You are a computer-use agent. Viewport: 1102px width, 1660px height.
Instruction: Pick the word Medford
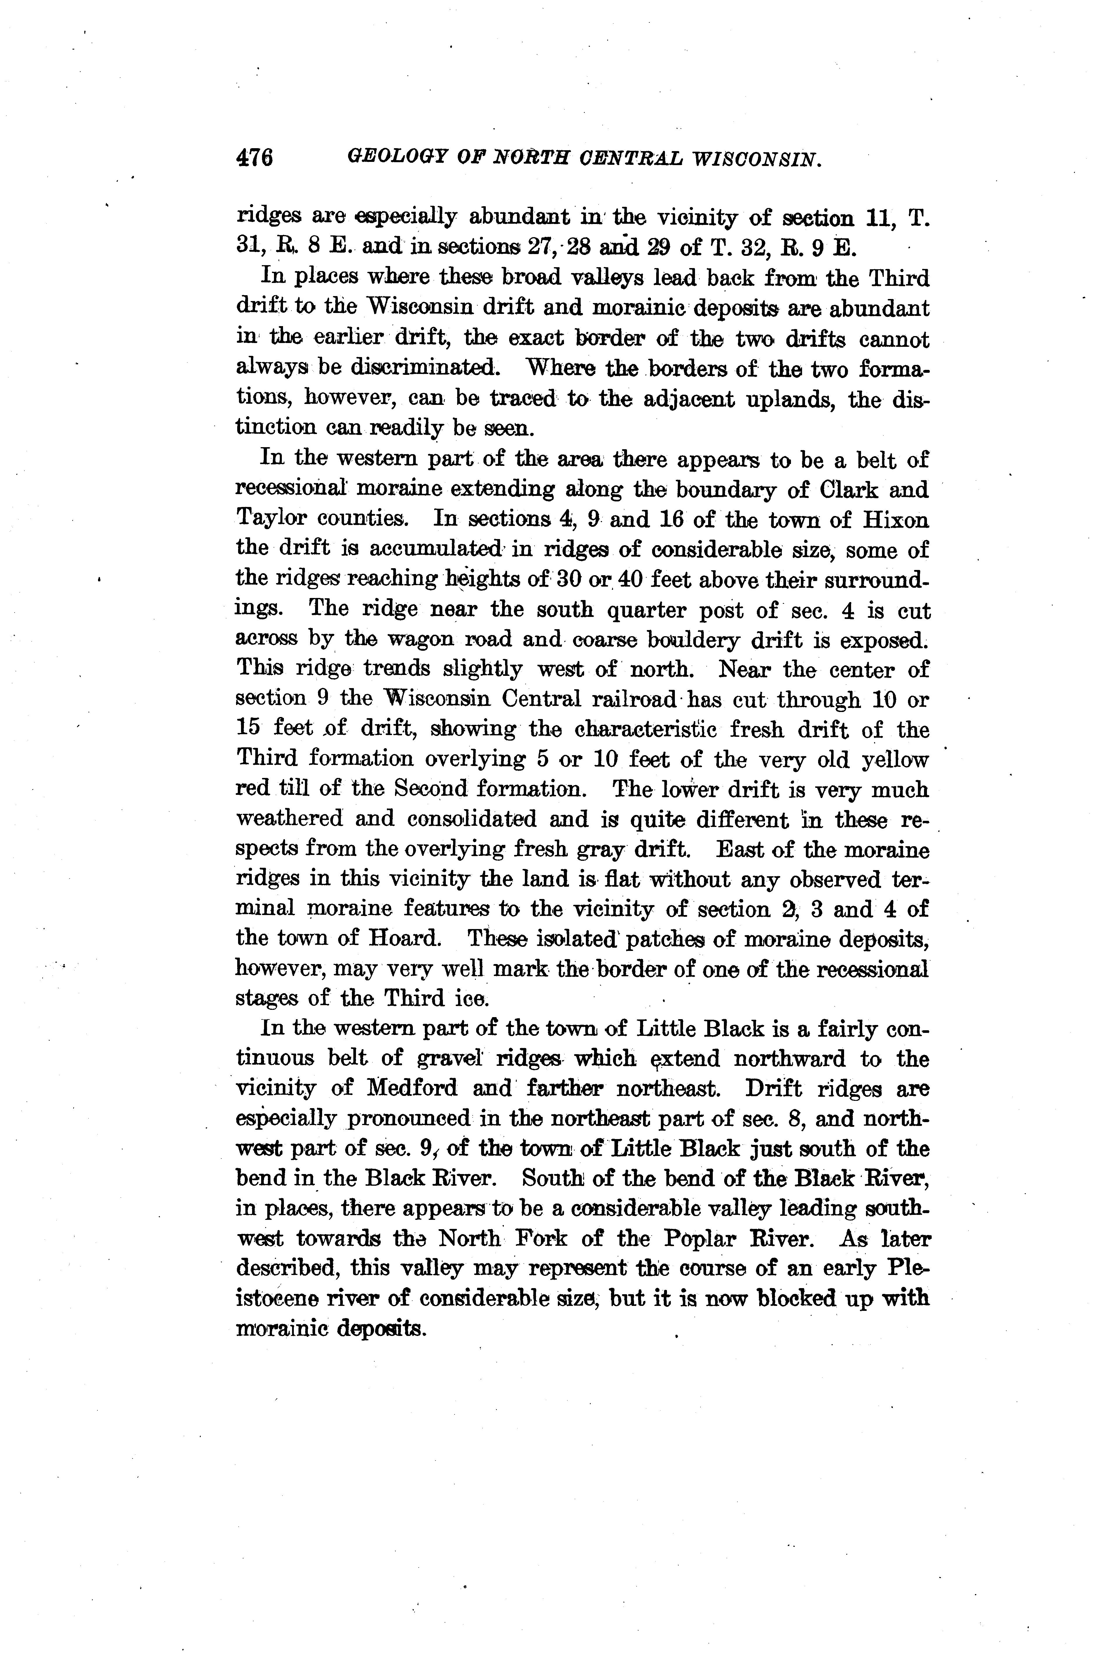click(411, 1089)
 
